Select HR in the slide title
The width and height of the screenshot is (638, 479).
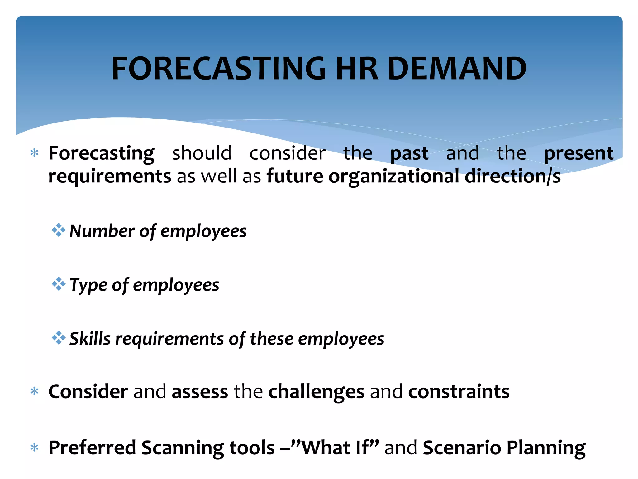(x=357, y=69)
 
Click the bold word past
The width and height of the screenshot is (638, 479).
(x=409, y=153)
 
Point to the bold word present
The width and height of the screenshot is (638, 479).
(x=578, y=153)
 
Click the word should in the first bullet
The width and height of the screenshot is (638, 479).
(x=202, y=153)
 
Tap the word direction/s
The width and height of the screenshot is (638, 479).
(x=512, y=176)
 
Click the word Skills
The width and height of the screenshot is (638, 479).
(x=90, y=339)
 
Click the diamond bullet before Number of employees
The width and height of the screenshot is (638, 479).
(x=59, y=230)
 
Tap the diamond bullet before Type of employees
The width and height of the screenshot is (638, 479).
(x=59, y=284)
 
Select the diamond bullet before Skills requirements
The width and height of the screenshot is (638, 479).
(x=59, y=338)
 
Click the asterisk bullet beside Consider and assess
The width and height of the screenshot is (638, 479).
(x=34, y=391)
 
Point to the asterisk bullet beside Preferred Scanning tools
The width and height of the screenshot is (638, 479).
(x=34, y=448)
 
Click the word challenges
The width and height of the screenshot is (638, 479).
(x=316, y=392)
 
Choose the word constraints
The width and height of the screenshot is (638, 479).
(x=459, y=391)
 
